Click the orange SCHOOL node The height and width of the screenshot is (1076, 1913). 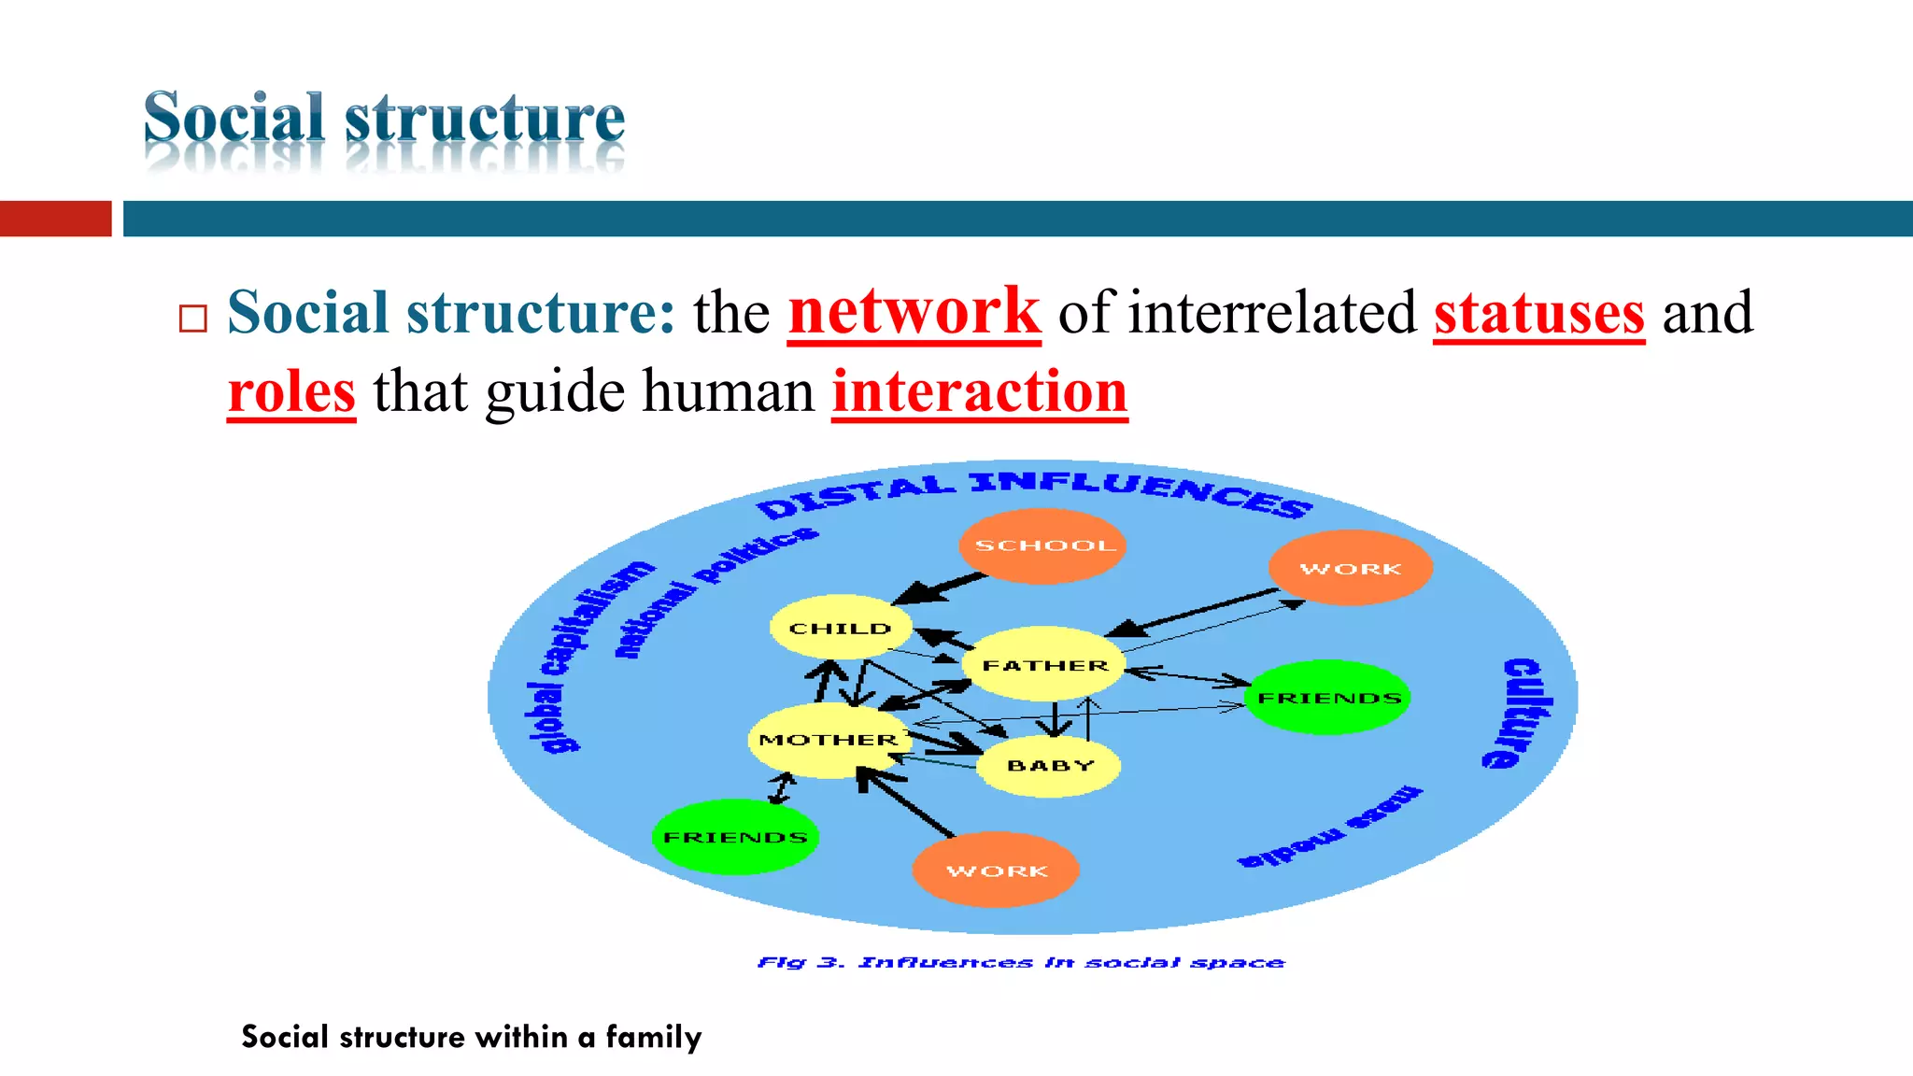pyautogui.click(x=1042, y=545)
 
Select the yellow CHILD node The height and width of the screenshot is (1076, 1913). pyautogui.click(x=841, y=628)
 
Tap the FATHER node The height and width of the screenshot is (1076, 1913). pyautogui.click(x=1044, y=665)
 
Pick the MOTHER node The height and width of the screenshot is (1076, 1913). pyautogui.click(x=828, y=740)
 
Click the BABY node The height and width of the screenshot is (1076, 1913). pyautogui.click(x=1050, y=766)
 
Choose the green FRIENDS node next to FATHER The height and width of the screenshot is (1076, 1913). pyautogui.click(x=1328, y=698)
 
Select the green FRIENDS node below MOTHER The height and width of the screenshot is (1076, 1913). pyautogui.click(x=735, y=837)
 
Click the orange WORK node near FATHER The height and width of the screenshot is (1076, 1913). pyautogui.click(x=1351, y=568)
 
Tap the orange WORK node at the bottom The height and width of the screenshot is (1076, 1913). pyautogui.click(x=996, y=871)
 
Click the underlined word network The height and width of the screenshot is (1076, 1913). pyautogui.click(x=914, y=312)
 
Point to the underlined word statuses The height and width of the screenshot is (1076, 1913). pyautogui.click(x=1538, y=314)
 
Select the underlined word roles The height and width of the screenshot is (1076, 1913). pyautogui.click(x=291, y=392)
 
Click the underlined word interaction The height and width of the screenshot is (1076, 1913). pyautogui.click(x=979, y=392)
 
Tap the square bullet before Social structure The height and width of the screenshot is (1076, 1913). pyautogui.click(x=192, y=319)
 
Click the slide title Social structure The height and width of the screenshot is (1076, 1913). pyautogui.click(x=384, y=119)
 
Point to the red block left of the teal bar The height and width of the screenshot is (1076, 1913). pyautogui.click(x=55, y=219)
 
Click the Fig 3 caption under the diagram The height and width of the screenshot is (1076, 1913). pyautogui.click(x=1020, y=962)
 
